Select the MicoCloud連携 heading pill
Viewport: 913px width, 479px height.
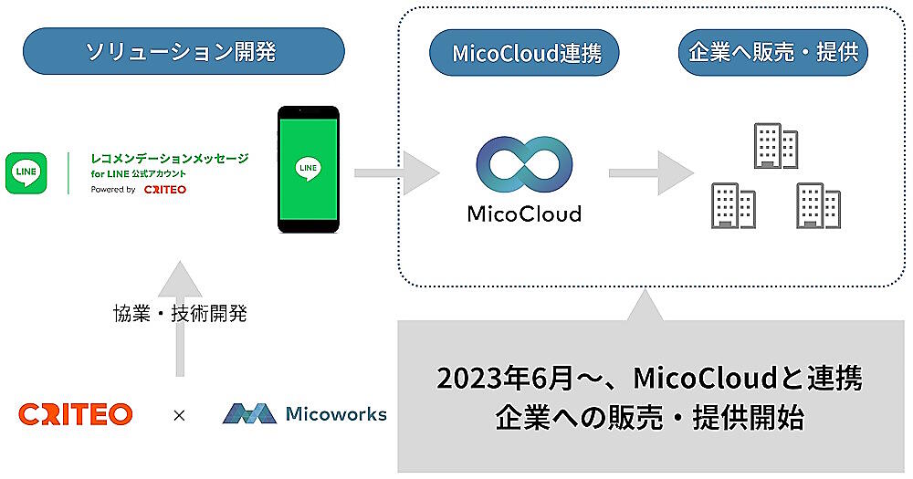coord(524,53)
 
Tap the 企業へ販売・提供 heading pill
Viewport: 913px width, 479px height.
coord(772,53)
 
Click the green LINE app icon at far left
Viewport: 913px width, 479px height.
coord(26,172)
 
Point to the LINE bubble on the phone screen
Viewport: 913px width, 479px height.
coord(308,169)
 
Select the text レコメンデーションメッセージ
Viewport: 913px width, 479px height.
coord(170,158)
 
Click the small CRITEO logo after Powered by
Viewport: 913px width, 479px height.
coord(165,190)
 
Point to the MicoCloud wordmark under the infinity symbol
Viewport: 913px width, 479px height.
coord(523,214)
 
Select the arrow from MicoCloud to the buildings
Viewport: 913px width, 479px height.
coord(649,170)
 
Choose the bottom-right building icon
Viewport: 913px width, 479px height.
coord(818,204)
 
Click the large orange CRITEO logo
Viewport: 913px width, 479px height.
coord(75,414)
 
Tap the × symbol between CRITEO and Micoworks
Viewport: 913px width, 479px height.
coord(179,415)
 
